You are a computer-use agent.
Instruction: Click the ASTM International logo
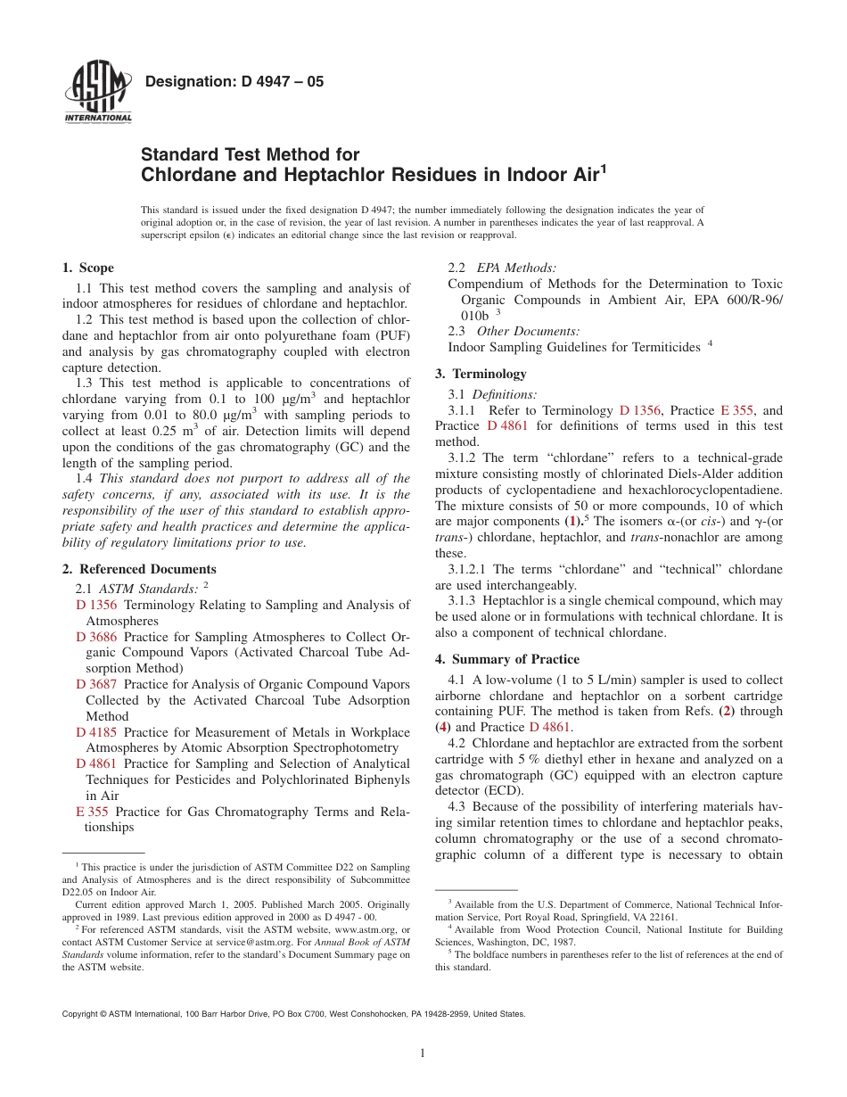pyautogui.click(x=98, y=94)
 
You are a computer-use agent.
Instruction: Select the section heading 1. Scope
pyautogui.click(x=87, y=268)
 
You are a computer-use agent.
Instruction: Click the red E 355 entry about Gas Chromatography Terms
pyautogui.click(x=92, y=812)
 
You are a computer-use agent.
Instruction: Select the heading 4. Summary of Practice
pyautogui.click(x=506, y=659)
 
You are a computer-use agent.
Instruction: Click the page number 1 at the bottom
pyautogui.click(x=423, y=1053)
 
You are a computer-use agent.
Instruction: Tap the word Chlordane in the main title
pyautogui.click(x=183, y=175)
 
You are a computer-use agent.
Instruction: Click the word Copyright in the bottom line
pyautogui.click(x=79, y=1014)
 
